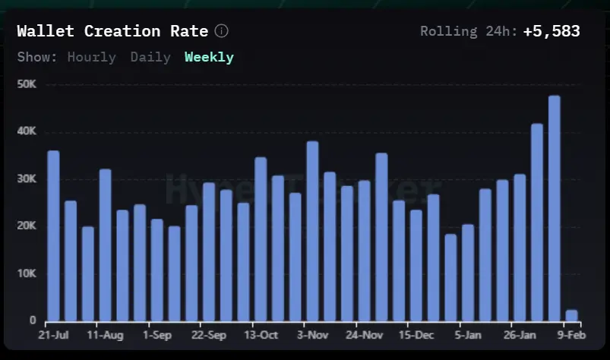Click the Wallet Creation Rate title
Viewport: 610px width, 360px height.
pos(112,31)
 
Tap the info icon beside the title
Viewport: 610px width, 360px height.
pos(221,31)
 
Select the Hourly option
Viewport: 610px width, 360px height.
pos(91,57)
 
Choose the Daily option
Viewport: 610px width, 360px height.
pos(150,57)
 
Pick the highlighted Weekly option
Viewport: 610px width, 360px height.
pos(209,57)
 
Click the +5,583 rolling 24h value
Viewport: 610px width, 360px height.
pos(552,31)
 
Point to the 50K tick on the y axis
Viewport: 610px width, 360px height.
pos(27,84)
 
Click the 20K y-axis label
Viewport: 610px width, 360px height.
pos(27,226)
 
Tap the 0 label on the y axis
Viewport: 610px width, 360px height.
pos(33,321)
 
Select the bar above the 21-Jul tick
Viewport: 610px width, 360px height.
pos(53,235)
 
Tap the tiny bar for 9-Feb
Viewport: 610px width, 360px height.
pos(571,315)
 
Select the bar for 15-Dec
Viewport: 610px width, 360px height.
pos(416,265)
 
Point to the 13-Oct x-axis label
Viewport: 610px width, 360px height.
pos(261,335)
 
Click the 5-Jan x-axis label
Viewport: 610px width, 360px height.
pos(468,335)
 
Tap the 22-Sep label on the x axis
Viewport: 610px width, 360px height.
pos(208,335)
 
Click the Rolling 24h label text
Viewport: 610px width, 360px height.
pos(469,31)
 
